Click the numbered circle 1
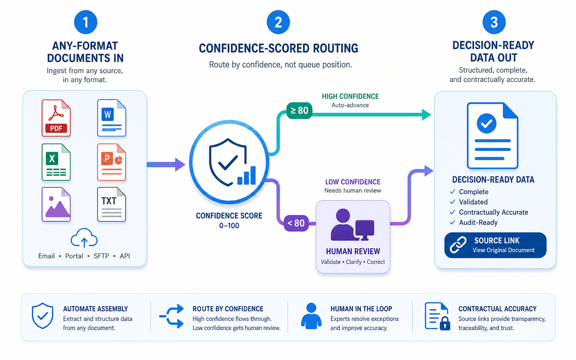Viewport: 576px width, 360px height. coord(86,22)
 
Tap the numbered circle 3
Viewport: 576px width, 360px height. coord(494,22)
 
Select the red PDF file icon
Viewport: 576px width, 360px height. coord(56,118)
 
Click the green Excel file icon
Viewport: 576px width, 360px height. coord(56,162)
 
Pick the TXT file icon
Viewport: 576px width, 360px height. coord(111,205)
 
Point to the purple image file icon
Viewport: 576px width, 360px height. coord(56,205)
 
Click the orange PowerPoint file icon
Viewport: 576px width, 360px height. coord(111,162)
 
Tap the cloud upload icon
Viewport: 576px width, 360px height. coord(84,238)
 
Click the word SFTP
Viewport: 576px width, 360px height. coord(101,256)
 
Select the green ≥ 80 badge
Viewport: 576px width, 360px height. coord(299,110)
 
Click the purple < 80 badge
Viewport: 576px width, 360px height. coord(296,223)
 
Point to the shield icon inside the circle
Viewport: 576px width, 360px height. coord(228,162)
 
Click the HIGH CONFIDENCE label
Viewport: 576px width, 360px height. coord(350,97)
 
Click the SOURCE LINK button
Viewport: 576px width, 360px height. coord(495,245)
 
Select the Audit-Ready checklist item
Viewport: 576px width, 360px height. coord(474,222)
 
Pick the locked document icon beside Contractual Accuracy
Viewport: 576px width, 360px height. coord(437,316)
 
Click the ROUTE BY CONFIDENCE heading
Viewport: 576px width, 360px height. coord(228,308)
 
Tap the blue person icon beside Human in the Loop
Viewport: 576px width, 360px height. coord(311,316)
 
